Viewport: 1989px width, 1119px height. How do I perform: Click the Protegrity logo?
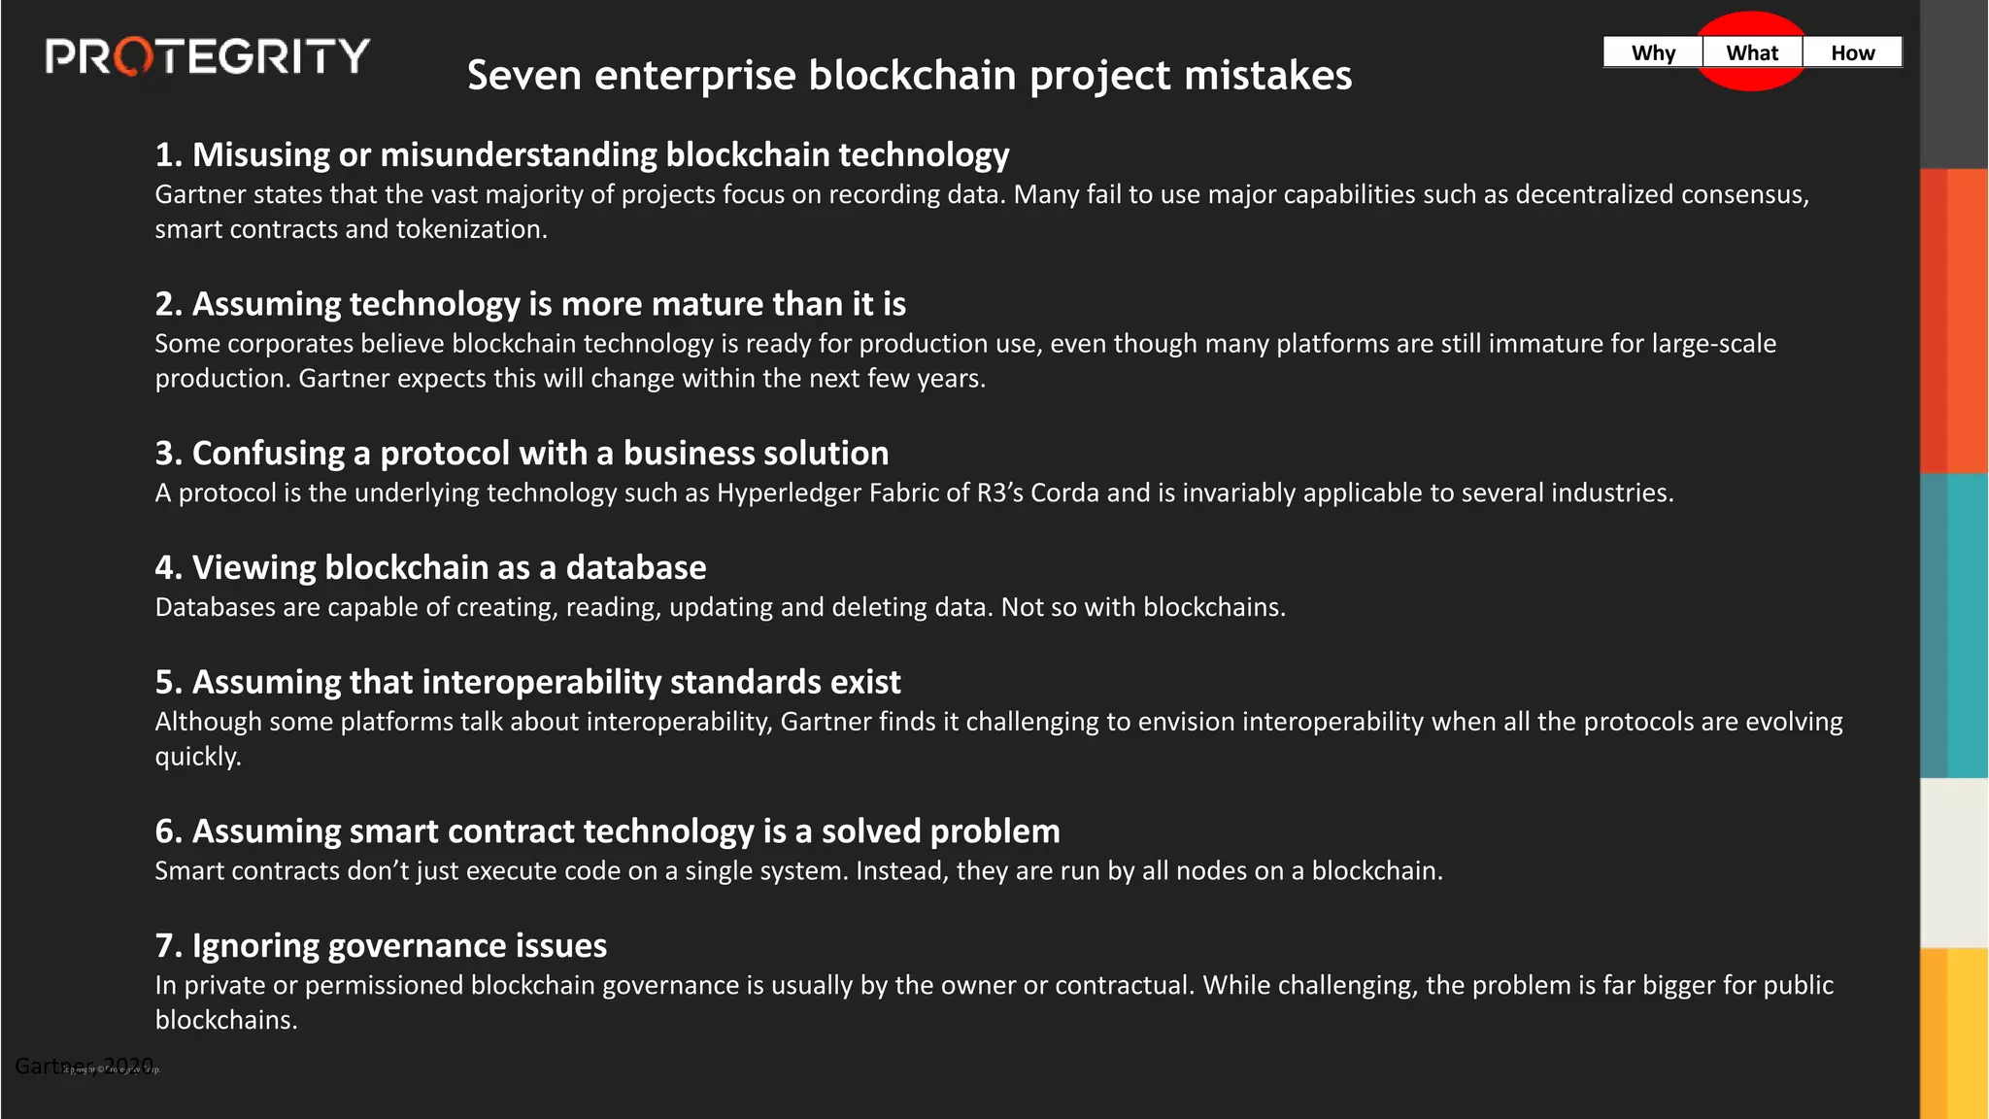coord(207,56)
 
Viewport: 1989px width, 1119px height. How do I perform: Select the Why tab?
coord(1653,52)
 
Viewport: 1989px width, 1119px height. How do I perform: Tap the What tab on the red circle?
coord(1752,52)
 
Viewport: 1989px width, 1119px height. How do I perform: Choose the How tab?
coord(1852,52)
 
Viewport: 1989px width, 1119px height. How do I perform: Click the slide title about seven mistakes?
coord(909,76)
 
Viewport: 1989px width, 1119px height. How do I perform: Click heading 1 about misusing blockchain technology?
coord(582,154)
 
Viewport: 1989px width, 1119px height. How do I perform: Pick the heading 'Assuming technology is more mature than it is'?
coord(530,304)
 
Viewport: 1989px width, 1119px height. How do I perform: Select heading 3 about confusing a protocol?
coord(522,453)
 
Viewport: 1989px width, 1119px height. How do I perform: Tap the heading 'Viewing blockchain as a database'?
coord(430,567)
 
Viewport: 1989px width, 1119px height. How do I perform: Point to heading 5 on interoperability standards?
coord(527,682)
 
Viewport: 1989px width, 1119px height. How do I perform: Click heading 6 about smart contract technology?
coord(607,831)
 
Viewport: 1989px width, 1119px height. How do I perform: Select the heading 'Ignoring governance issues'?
coord(381,946)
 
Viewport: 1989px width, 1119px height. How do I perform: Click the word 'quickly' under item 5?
coord(197,757)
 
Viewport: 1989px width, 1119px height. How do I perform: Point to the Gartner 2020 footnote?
coord(84,1066)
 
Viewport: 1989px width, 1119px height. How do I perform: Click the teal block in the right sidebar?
coord(1954,626)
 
